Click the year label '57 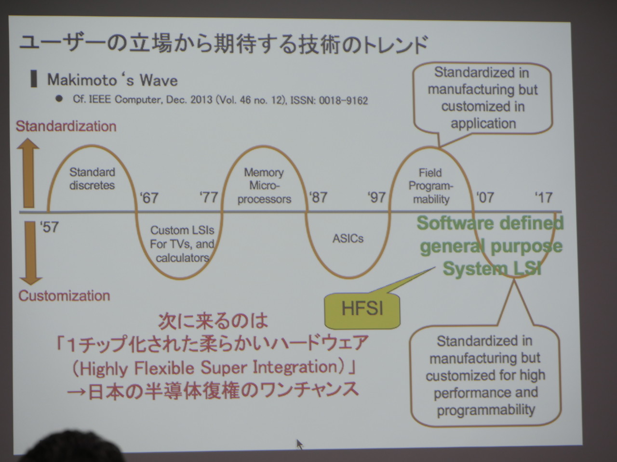49,227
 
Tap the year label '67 149,197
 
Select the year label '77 209,197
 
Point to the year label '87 318,197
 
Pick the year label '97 376,197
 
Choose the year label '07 485,197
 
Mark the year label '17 544,197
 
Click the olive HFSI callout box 362,310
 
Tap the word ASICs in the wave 348,238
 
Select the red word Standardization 66,126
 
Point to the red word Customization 65,295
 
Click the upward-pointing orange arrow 28,173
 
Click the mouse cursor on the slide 300,444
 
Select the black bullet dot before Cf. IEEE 59,99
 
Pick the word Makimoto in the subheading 82,80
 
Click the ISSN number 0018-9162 343,101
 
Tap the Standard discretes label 92,179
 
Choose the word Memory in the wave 264,172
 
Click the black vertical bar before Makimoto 34,79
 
